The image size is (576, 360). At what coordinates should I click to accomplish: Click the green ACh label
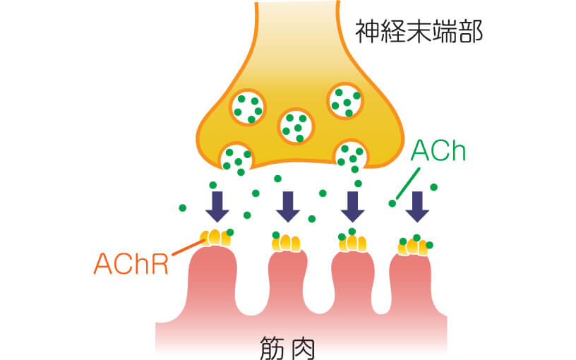(x=438, y=151)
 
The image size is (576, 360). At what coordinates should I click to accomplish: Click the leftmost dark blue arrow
(x=217, y=205)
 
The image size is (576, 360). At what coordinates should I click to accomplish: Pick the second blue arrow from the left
(x=288, y=205)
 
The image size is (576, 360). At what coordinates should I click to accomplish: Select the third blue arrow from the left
(x=352, y=205)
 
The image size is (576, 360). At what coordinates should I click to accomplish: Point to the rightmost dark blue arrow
(x=418, y=205)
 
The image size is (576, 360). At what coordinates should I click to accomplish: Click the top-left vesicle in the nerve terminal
(x=248, y=106)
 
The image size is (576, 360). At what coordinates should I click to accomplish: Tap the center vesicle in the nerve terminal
(x=295, y=126)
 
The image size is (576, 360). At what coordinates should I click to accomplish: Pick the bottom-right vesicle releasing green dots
(x=350, y=155)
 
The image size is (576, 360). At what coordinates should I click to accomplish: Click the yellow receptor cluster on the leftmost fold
(x=216, y=238)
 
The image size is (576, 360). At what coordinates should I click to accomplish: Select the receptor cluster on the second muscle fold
(x=287, y=244)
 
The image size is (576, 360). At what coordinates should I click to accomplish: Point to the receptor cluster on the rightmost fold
(x=414, y=247)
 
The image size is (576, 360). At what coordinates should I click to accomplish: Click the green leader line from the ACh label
(x=408, y=184)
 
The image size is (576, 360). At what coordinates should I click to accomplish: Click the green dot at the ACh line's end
(x=392, y=203)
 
